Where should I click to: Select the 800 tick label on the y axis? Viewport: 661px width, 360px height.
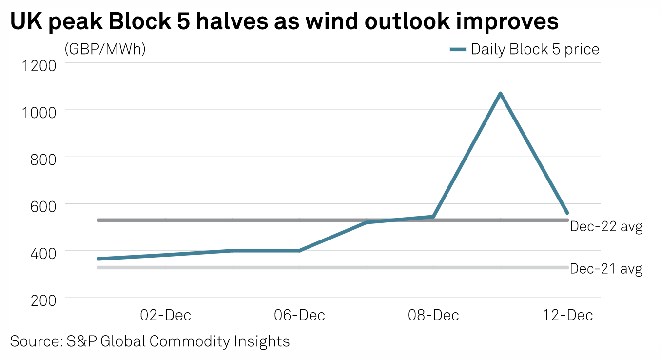[43, 159]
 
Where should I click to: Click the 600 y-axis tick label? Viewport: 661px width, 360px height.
[43, 205]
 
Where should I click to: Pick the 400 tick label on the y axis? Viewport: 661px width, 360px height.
[43, 253]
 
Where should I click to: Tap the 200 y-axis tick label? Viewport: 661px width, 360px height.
[43, 300]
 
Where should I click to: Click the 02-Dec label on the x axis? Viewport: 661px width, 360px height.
[165, 315]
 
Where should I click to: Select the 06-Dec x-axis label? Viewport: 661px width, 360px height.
[299, 315]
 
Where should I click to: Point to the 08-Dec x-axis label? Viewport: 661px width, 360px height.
[433, 315]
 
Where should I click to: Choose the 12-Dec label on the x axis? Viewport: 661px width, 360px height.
[567, 315]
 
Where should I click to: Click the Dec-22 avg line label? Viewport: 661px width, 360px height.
[606, 227]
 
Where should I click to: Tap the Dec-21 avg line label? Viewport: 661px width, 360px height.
[606, 269]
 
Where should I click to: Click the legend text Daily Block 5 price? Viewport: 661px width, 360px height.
[535, 49]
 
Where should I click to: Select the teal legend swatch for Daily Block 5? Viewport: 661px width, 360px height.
[458, 49]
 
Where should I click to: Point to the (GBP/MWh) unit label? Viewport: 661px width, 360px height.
[105, 49]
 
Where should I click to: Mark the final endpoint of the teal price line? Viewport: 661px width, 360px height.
[567, 213]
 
